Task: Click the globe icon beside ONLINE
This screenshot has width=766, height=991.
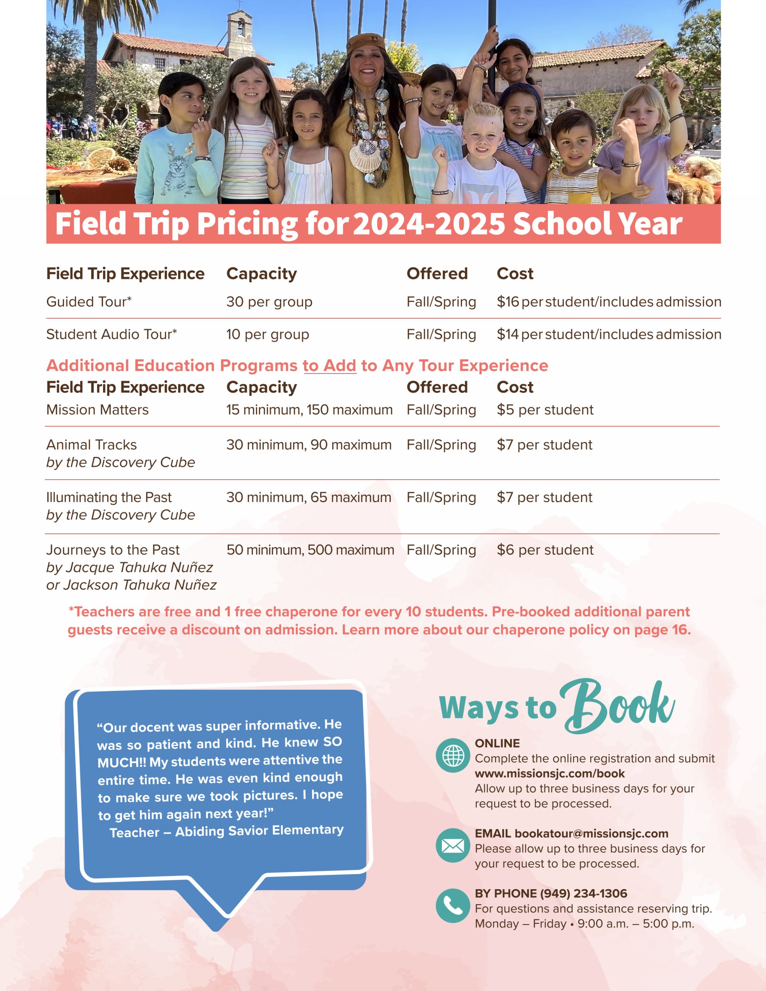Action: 453,756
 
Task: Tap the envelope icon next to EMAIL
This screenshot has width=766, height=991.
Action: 453,845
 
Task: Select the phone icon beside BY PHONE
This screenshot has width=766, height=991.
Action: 453,906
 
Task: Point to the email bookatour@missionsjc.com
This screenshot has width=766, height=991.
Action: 591,833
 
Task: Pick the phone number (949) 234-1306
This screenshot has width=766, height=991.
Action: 583,893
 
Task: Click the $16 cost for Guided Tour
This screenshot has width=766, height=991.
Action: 508,302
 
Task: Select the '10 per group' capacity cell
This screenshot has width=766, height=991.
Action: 268,334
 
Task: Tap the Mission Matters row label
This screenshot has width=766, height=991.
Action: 97,410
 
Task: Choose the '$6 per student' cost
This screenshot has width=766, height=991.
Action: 544,550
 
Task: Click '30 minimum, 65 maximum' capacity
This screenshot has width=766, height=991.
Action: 309,497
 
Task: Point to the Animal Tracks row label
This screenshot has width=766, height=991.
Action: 91,445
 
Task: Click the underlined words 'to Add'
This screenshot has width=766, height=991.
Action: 329,366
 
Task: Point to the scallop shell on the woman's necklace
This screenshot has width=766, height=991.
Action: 364,155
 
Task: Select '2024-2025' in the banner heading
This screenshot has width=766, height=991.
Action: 429,224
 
